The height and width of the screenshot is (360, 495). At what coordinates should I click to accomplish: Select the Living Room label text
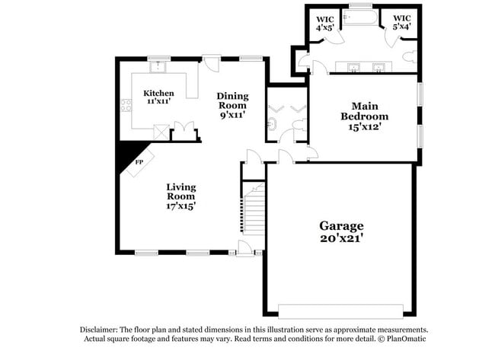(181, 196)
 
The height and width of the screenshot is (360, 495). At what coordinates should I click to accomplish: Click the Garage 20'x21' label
(341, 231)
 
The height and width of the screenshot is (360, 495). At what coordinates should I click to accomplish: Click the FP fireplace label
(139, 162)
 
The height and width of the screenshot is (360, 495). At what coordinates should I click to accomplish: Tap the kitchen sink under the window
(159, 67)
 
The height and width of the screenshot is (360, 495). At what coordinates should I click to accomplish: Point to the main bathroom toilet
(409, 56)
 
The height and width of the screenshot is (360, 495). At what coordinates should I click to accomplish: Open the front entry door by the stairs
(245, 247)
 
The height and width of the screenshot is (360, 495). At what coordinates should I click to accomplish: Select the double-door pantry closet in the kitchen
(183, 130)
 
